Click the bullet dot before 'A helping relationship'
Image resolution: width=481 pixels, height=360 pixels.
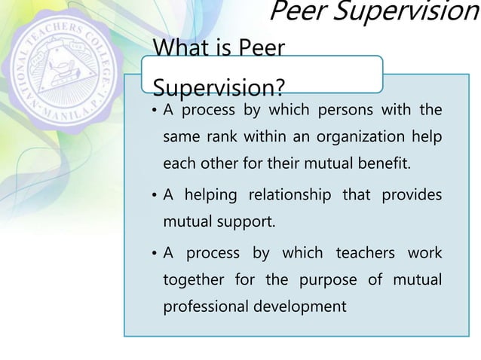pyautogui.click(x=154, y=196)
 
